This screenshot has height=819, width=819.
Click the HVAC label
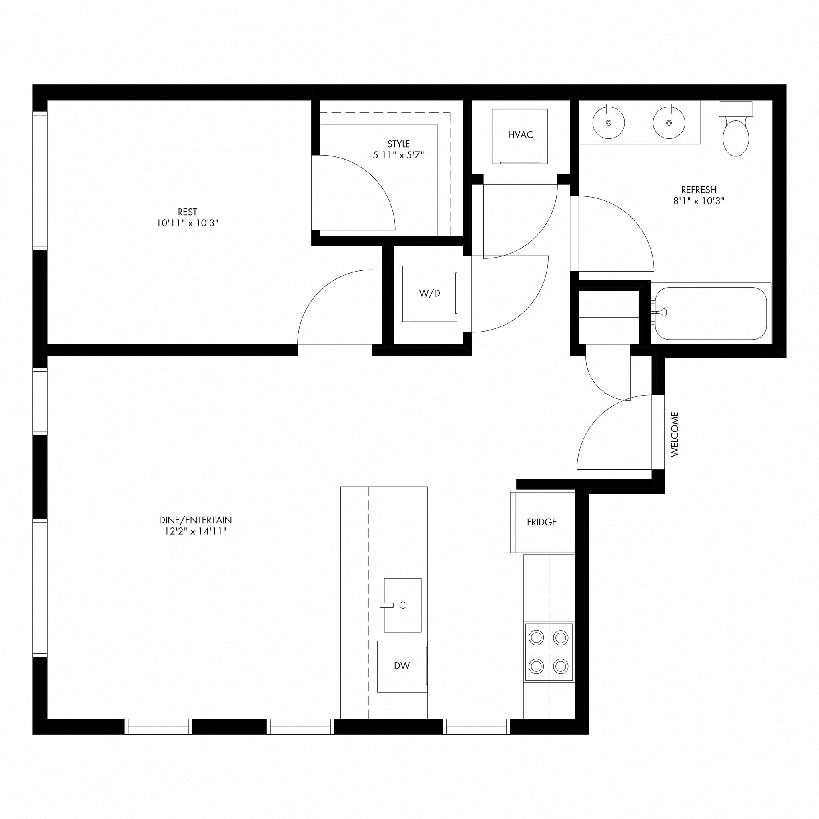point(520,135)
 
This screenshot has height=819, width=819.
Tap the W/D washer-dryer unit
point(429,294)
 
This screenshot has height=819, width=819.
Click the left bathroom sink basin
point(609,122)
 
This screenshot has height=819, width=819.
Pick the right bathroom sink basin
point(669,122)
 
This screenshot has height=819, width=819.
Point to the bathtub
point(711,313)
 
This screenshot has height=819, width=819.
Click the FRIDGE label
point(542,522)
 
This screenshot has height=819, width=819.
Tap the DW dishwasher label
point(402,666)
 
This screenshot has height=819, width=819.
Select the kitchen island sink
point(402,605)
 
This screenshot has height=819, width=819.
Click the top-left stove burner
point(536,637)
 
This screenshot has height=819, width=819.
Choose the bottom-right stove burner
point(561,666)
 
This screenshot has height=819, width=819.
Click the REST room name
point(188,212)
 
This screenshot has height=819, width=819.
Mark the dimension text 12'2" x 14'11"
point(196,531)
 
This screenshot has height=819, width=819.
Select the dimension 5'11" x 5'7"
point(398,155)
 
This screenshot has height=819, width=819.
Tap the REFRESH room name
point(699,190)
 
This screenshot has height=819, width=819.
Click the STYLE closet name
point(398,144)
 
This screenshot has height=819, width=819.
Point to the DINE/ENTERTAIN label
point(196,520)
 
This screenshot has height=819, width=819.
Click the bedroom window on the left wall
point(40,181)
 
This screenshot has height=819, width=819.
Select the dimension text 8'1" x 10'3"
point(699,201)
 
